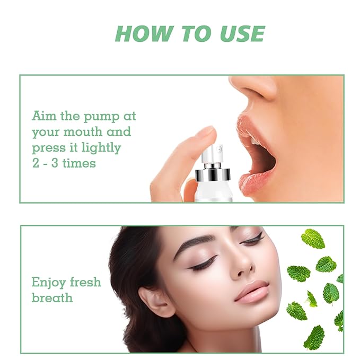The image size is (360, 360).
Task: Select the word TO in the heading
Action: [194, 33]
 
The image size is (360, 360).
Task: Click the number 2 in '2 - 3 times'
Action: [36, 163]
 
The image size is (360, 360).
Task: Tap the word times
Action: [77, 163]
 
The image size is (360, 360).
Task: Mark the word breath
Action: [51, 297]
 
